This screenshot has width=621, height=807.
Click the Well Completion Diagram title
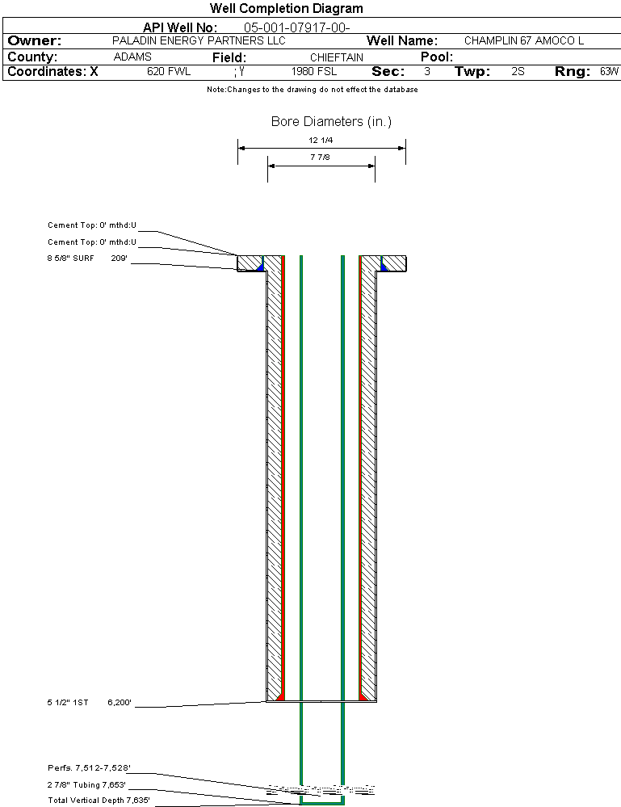pos(286,8)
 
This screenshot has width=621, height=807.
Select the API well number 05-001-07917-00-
pos(297,27)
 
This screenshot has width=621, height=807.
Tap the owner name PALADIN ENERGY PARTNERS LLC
pos(199,40)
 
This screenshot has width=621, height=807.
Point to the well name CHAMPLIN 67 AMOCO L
pos(524,40)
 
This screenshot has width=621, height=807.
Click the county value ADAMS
pos(132,57)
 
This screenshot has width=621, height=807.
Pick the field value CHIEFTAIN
pos(337,57)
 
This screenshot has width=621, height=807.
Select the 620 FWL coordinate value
pos(169,71)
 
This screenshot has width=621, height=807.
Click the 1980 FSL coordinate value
pos(314,71)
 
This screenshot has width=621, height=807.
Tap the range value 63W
pos(609,71)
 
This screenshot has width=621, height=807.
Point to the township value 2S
pos(518,71)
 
